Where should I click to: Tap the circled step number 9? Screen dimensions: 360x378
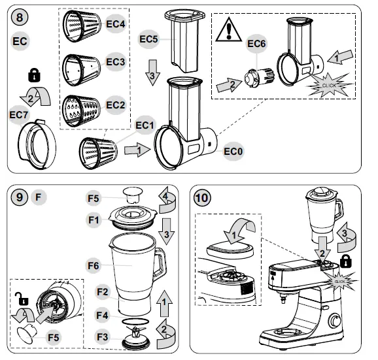[x=20, y=196]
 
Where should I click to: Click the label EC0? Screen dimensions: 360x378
[x=233, y=152]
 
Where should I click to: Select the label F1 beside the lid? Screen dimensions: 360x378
[x=95, y=220]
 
